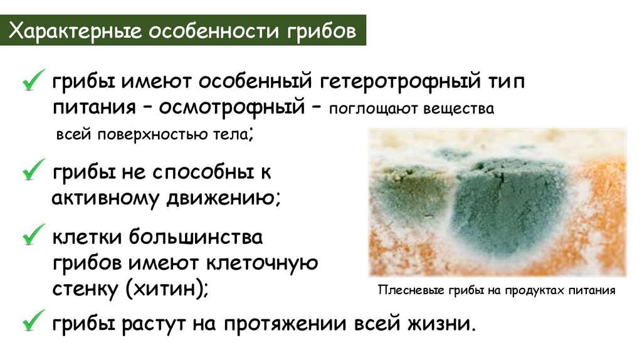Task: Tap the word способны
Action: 196,171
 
